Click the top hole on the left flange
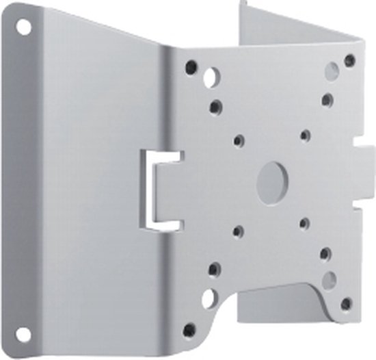[24, 27]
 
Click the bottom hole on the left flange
[24, 334]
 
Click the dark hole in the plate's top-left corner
[191, 67]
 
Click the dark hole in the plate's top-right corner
[349, 60]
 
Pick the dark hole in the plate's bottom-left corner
[189, 330]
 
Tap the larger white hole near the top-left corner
[211, 77]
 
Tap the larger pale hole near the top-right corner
[332, 71]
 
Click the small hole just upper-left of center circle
[239, 141]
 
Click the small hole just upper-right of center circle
[305, 136]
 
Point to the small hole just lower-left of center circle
[238, 232]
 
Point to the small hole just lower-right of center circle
[304, 223]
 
